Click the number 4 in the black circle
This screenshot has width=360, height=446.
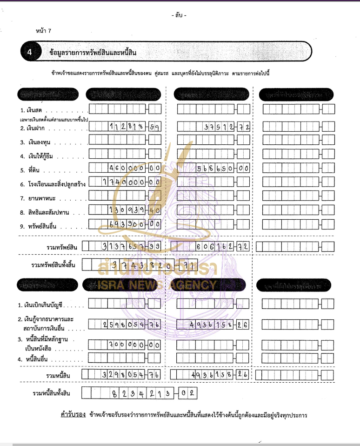click(29, 53)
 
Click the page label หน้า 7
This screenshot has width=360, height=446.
click(43, 31)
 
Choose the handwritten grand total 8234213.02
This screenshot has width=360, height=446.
click(153, 393)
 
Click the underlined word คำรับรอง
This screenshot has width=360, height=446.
click(70, 414)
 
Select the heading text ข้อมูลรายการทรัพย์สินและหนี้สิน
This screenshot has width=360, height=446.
click(93, 53)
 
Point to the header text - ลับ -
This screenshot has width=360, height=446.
click(179, 15)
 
